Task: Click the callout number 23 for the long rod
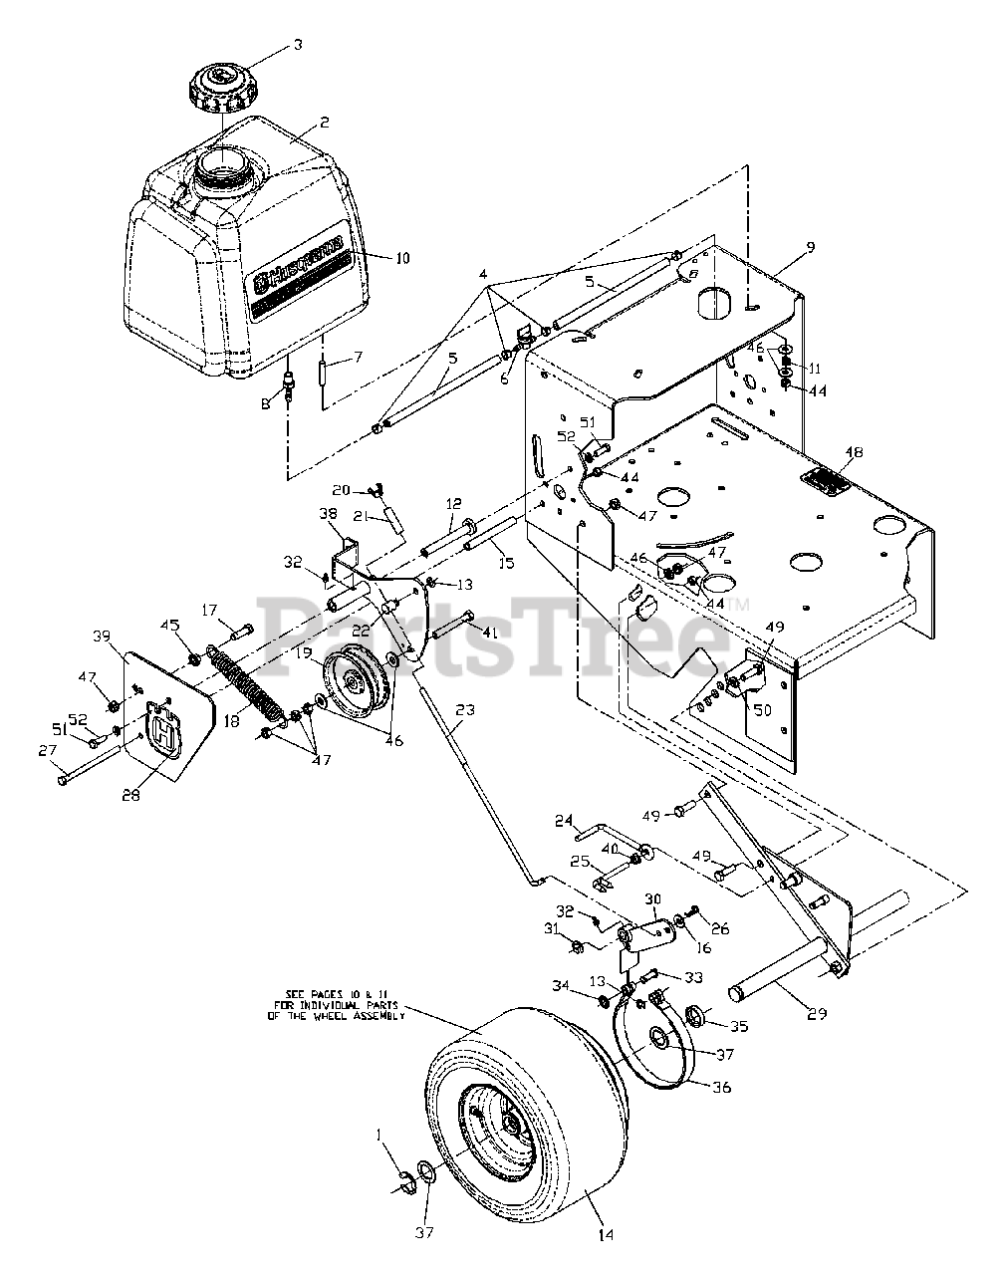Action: (x=464, y=710)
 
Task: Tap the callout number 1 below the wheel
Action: (x=378, y=1135)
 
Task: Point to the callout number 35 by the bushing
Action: (x=738, y=1025)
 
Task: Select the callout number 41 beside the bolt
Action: (x=489, y=632)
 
